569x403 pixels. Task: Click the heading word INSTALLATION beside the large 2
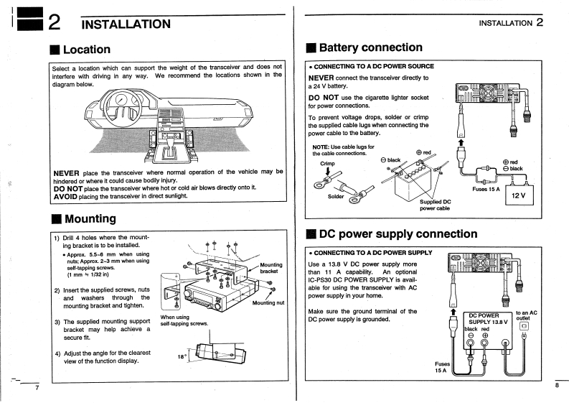tap(126, 24)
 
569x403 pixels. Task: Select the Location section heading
tap(85, 50)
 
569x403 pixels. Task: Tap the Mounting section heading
tap(89, 218)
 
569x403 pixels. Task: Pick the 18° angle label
tap(183, 356)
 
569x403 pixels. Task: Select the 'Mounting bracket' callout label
tap(271, 269)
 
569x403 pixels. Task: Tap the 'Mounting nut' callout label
tap(269, 302)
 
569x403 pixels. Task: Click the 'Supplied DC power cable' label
tap(435, 205)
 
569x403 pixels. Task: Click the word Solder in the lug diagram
tap(337, 195)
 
